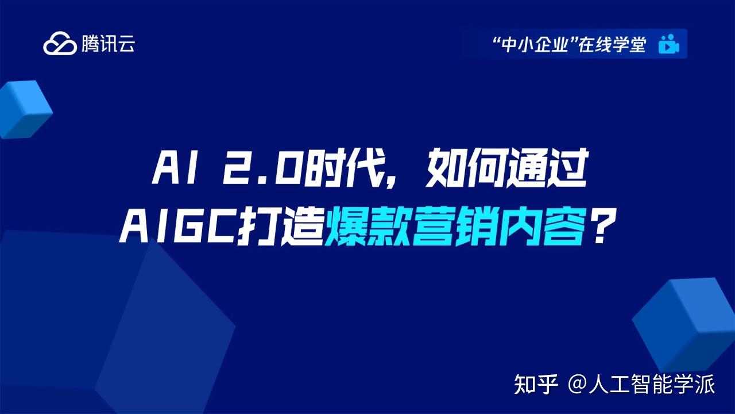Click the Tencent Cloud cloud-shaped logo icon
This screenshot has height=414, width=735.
[x=60, y=44]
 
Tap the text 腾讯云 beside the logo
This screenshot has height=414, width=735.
[x=108, y=44]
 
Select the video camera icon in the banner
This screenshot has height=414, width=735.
[x=669, y=44]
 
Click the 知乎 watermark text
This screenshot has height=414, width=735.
[x=536, y=384]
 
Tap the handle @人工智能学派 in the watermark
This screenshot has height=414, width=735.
[x=641, y=384]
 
